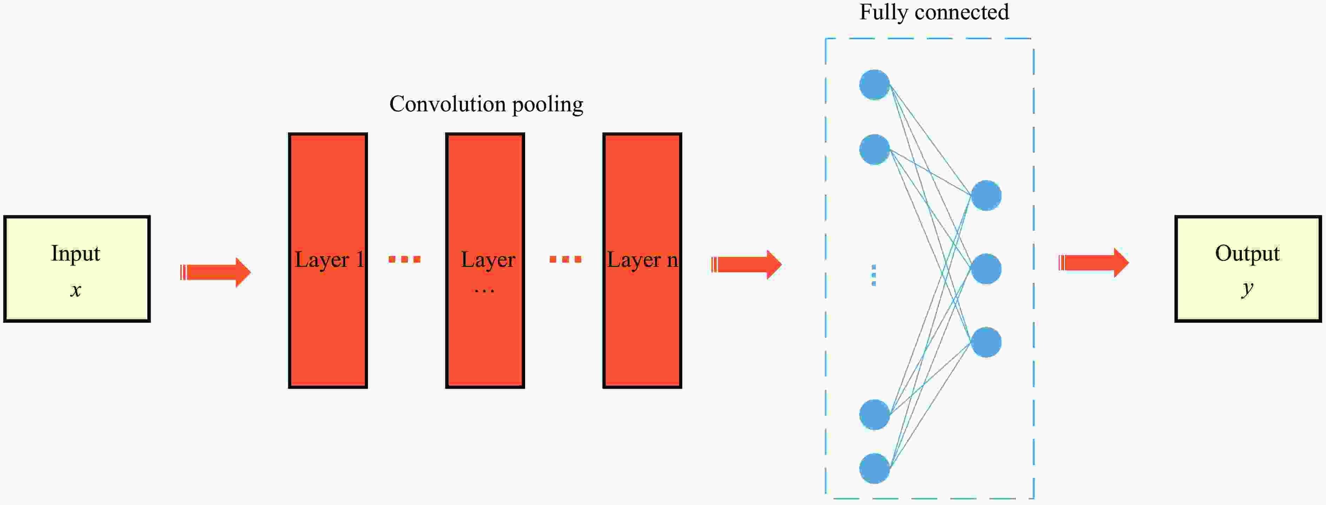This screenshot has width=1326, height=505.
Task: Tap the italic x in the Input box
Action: point(76,290)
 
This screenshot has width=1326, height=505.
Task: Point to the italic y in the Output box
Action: point(1247,289)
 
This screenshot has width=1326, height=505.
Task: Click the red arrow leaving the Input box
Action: point(215,272)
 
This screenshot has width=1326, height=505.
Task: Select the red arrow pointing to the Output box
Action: point(1093,263)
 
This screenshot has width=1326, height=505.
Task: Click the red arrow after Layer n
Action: point(746,265)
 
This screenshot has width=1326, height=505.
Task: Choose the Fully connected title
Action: point(934,12)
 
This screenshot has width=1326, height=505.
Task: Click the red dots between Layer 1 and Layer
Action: point(404,259)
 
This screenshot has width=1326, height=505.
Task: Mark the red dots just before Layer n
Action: point(565,259)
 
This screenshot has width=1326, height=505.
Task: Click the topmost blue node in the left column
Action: point(875,85)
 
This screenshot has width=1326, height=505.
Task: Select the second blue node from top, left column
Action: point(875,150)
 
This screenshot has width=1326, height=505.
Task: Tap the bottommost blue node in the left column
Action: point(875,468)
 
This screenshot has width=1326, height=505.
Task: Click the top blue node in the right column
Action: point(986,195)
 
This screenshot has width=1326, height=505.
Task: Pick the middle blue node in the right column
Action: point(986,268)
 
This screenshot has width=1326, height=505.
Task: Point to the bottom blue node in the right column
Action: point(986,342)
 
